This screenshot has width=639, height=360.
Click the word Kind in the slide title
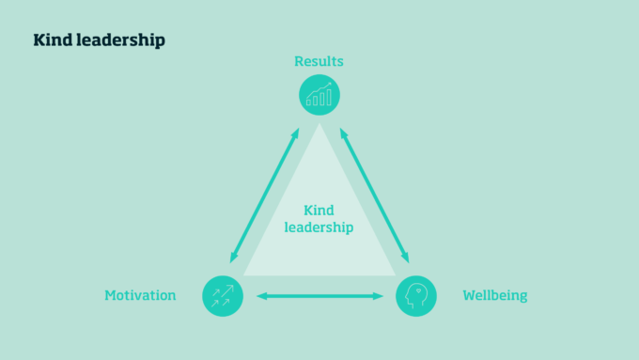tap(51, 40)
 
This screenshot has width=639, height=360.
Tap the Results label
tap(319, 62)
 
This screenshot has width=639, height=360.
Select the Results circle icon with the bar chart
tap(319, 95)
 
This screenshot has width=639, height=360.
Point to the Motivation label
tap(140, 295)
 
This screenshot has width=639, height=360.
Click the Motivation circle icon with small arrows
tap(223, 295)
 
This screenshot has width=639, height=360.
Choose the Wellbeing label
tap(495, 295)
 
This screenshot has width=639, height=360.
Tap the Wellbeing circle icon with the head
tap(416, 295)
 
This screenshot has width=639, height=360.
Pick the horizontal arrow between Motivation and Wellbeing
tap(319, 296)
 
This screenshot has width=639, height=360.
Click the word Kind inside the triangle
tap(319, 211)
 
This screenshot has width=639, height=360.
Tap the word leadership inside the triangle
tap(319, 227)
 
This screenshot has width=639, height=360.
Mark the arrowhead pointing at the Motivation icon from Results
tap(233, 258)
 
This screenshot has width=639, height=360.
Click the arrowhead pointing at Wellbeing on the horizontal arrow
tap(380, 296)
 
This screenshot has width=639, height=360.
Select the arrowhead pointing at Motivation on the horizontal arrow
tap(260, 296)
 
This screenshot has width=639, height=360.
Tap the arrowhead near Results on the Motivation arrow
tap(296, 133)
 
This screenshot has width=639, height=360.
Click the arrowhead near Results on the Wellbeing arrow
tap(343, 133)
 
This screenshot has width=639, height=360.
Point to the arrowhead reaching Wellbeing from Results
tap(406, 258)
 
